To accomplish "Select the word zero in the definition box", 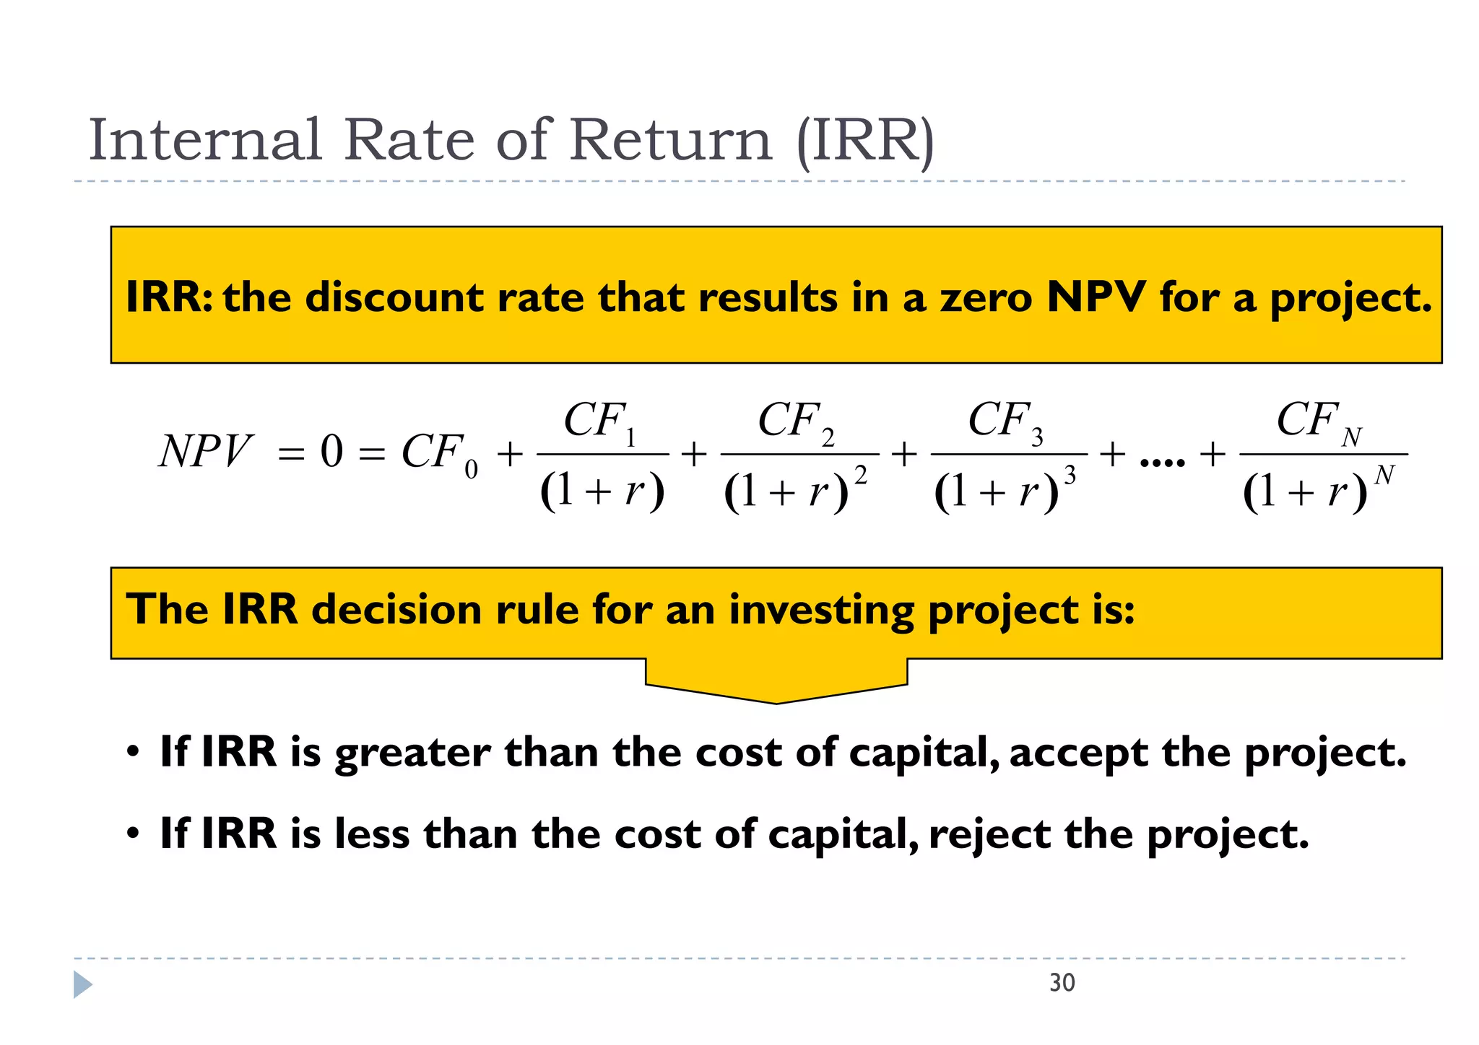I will point(986,297).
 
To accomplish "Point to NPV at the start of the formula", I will point(206,452).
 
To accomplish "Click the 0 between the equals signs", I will point(331,452).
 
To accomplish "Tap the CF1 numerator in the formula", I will point(599,421).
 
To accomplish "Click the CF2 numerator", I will point(796,421).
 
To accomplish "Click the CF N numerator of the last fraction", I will point(1319,421).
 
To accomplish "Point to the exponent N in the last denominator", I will point(1384,476).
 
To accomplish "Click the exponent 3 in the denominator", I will point(1070,476).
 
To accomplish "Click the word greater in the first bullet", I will point(412,753).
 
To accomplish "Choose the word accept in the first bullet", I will point(1078,753).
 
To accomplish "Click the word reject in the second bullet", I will point(989,835).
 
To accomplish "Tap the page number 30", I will point(1062,983).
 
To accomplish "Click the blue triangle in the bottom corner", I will point(82,984).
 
